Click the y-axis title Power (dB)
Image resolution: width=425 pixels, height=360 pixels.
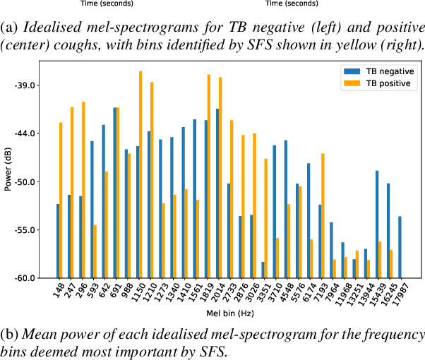coord(8,170)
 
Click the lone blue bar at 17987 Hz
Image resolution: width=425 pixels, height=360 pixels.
coord(400,247)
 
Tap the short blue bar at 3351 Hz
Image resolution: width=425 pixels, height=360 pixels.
coord(263,270)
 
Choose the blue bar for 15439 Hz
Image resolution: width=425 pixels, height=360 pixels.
coord(378,224)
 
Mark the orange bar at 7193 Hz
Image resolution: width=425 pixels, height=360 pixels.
coord(323,215)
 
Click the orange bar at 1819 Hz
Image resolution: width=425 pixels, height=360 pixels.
coord(209,176)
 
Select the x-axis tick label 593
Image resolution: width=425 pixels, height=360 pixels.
coord(92,289)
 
